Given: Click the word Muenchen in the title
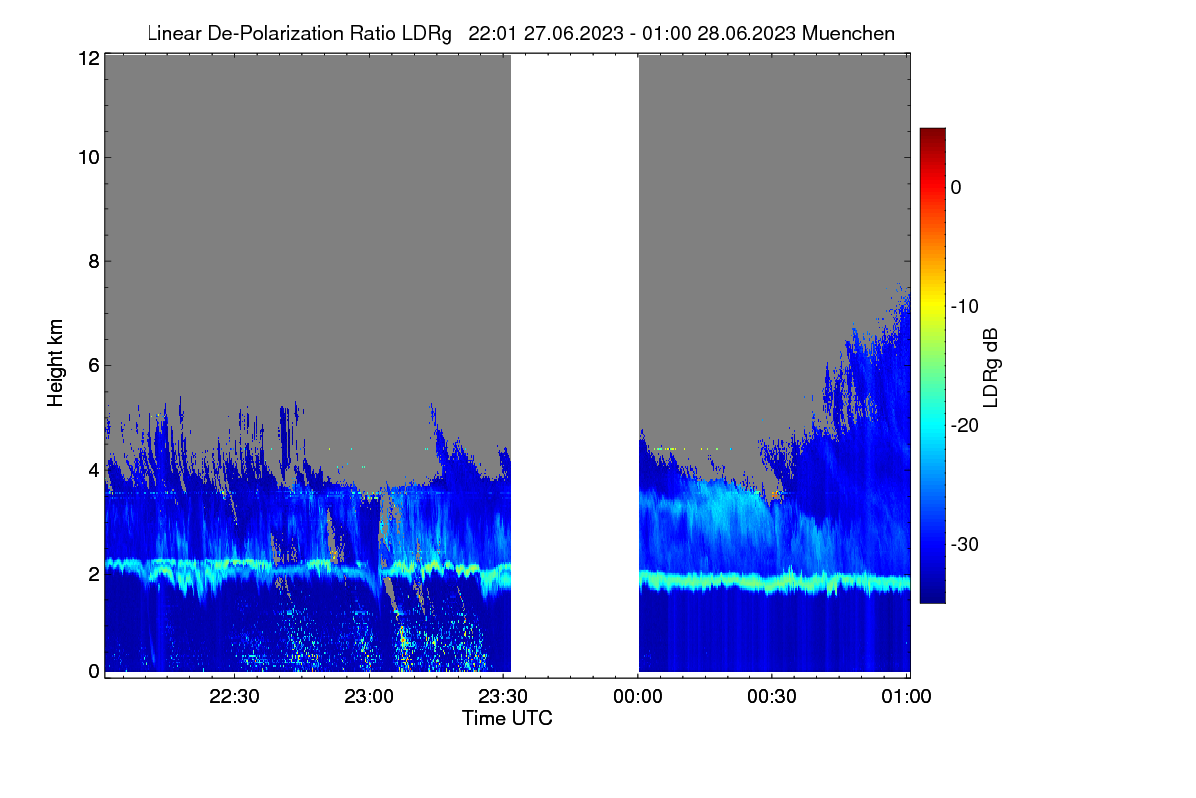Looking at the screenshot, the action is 848,33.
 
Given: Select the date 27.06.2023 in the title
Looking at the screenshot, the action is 573,33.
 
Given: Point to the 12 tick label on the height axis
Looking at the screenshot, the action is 89,58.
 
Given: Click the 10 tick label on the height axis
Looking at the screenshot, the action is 89,158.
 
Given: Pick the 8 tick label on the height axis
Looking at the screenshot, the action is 94,261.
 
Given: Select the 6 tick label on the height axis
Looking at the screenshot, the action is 94,366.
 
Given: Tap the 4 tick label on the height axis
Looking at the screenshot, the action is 94,471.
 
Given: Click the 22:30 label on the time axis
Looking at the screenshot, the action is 234,696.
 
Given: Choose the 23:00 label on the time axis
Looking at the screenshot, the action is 369,696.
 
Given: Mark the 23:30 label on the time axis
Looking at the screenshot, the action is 503,696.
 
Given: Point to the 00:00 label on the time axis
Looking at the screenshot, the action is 638,696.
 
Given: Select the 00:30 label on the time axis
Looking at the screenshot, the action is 772,696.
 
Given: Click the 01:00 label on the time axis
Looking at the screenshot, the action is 906,696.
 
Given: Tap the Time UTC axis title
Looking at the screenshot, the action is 507,718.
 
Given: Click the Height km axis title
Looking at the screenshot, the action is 55,363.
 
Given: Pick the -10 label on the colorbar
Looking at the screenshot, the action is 965,307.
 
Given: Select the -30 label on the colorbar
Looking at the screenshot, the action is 965,544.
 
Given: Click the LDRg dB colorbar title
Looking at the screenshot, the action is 991,368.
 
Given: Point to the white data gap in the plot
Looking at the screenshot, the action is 575,363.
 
